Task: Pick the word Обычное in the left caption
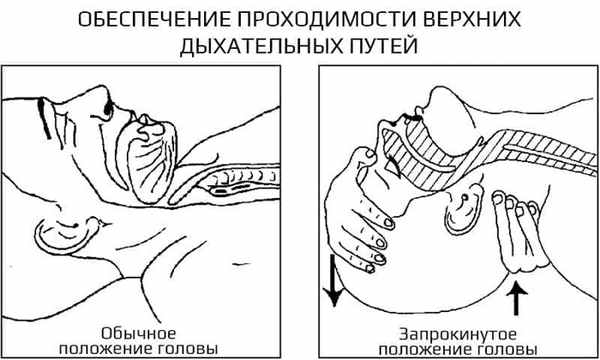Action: point(138,333)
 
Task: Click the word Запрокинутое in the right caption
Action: point(458,335)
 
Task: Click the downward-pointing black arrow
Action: point(333,280)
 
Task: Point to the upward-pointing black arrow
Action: point(517,297)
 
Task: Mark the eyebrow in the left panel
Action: point(44,119)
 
